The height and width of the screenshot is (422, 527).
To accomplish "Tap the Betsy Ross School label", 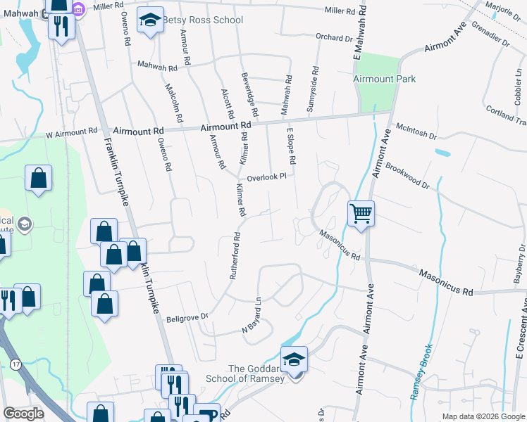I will [x=203, y=20].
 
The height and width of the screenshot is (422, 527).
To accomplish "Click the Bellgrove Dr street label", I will [x=187, y=318].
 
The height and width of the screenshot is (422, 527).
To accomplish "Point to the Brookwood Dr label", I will [x=407, y=176].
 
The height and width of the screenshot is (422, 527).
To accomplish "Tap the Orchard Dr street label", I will [x=334, y=38].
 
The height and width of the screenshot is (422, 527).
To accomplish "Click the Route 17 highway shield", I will [x=15, y=363].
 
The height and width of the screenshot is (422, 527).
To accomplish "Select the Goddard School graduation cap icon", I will [x=294, y=359].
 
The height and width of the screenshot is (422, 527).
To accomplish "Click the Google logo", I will [x=24, y=414].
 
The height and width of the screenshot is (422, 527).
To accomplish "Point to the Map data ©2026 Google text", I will [x=483, y=416].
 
